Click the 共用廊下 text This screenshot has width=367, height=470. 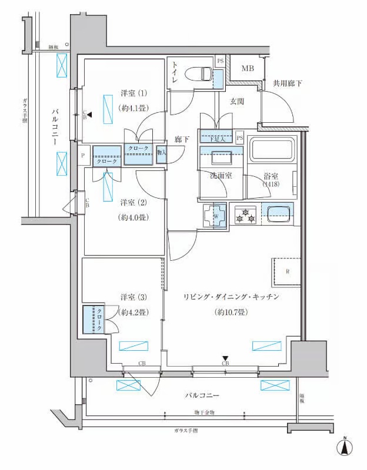pyautogui.click(x=288, y=84)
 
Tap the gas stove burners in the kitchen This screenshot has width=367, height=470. pyautogui.click(x=245, y=215)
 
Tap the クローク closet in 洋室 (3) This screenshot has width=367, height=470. pyautogui.click(x=94, y=319)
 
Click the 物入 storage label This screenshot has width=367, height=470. pyautogui.click(x=161, y=153)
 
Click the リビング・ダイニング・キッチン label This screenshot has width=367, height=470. pyautogui.click(x=230, y=297)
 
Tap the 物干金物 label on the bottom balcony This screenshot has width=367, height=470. pyautogui.click(x=204, y=412)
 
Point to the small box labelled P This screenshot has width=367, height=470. pyautogui.click(x=83, y=156)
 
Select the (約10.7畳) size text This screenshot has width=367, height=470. pyautogui.click(x=231, y=312)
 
